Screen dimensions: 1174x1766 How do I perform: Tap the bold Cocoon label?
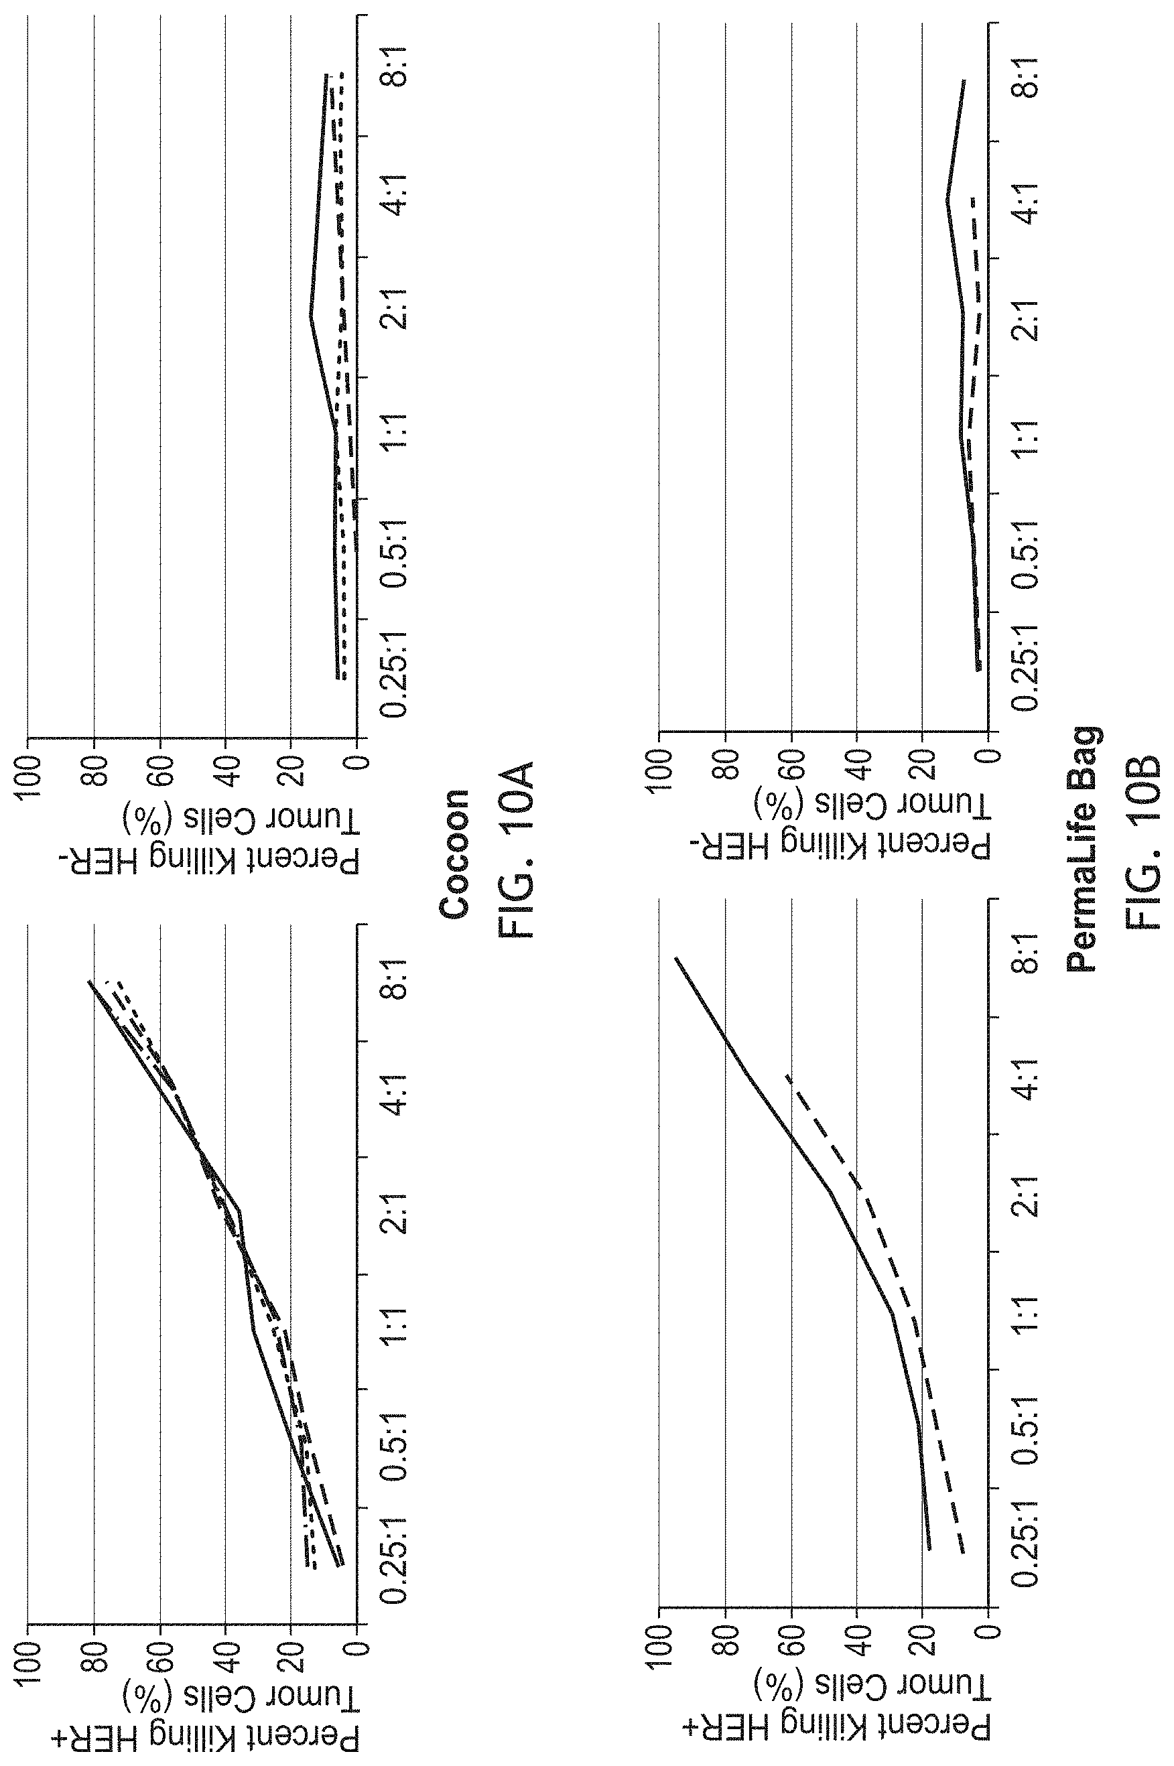tap(454, 854)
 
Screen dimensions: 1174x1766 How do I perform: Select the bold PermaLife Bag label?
tap(1083, 849)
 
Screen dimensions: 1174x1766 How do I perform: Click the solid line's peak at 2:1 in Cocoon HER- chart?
tap(310, 318)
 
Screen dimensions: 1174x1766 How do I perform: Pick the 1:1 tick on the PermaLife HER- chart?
tap(1027, 437)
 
